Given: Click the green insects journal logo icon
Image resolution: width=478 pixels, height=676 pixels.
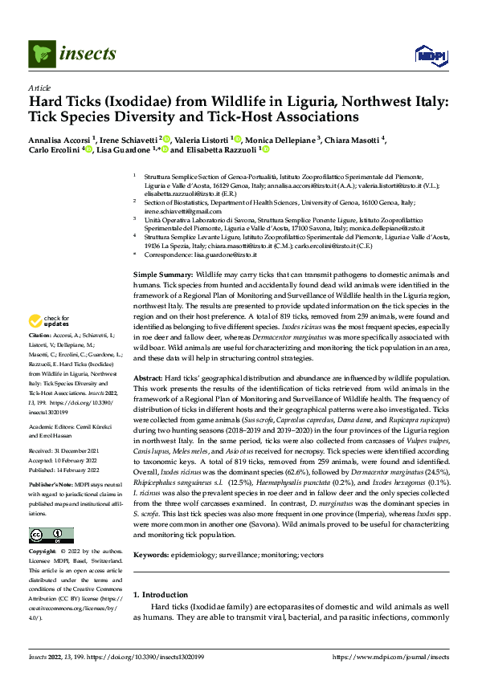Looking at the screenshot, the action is pos(39,54).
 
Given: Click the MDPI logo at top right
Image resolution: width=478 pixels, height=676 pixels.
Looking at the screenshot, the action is pos(429,55).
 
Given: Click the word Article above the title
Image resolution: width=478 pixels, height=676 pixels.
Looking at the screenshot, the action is pos(39,88).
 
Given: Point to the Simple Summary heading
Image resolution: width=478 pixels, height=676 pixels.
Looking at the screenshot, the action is pos(162,275).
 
